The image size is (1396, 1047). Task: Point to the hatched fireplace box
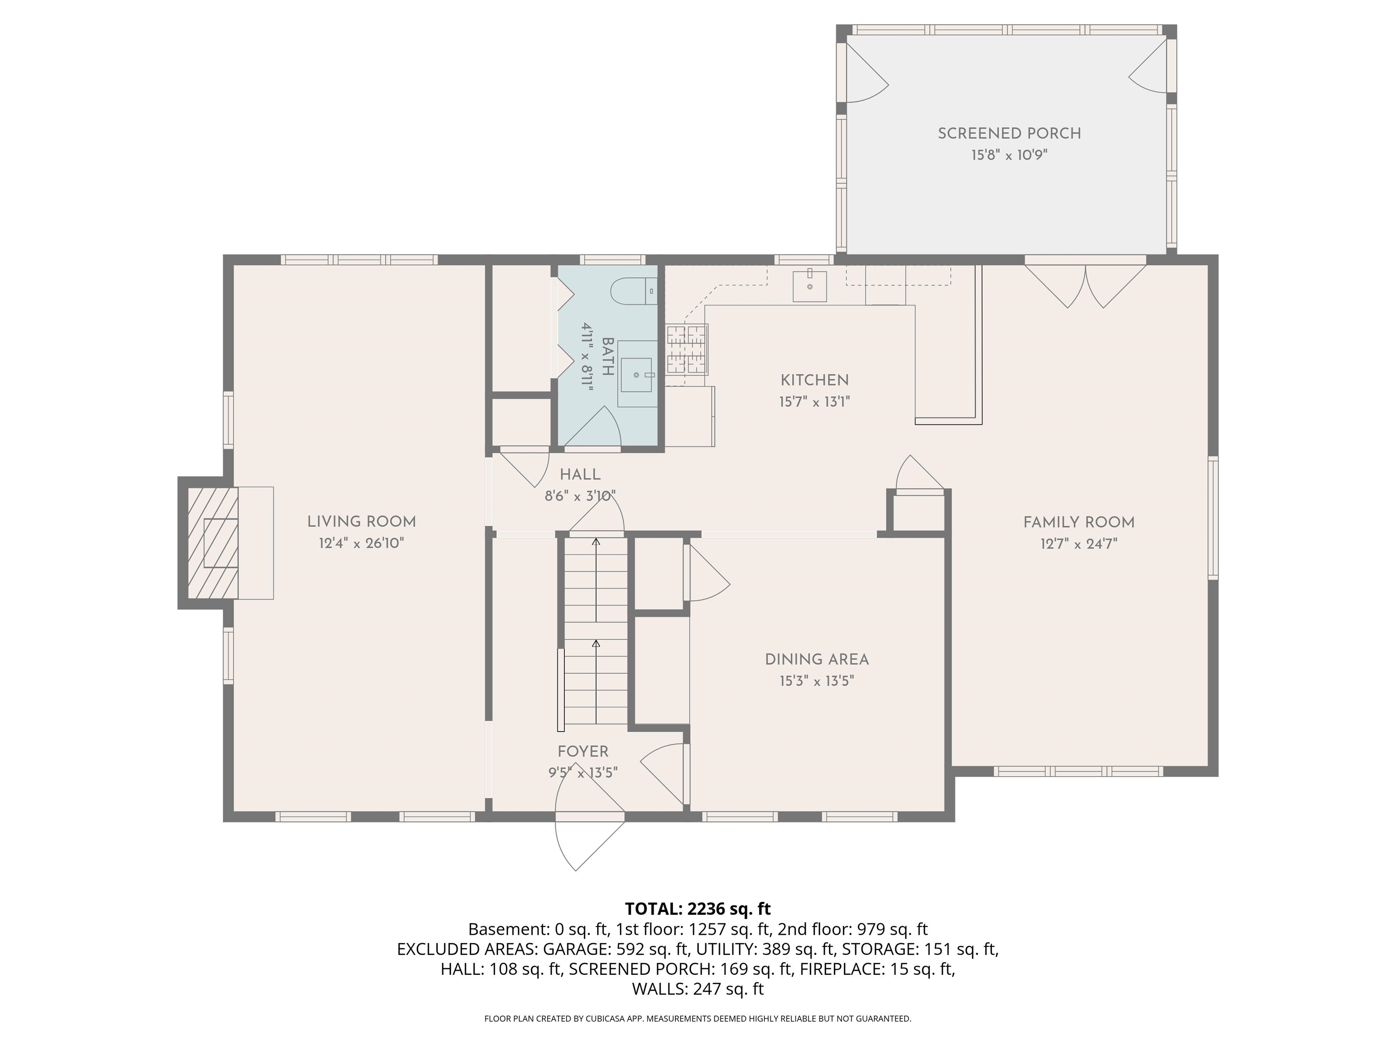[x=213, y=543]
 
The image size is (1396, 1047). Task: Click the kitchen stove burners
[x=687, y=349]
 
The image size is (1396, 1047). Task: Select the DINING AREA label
[x=817, y=659]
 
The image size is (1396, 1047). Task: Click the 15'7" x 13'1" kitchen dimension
[x=814, y=401]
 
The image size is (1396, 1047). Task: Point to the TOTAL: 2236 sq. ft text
[x=698, y=909]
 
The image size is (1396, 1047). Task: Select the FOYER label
[x=583, y=752]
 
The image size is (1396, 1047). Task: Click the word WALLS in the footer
[x=659, y=989]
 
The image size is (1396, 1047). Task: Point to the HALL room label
[x=579, y=474]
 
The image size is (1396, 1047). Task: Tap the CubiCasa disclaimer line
[x=698, y=1019]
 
